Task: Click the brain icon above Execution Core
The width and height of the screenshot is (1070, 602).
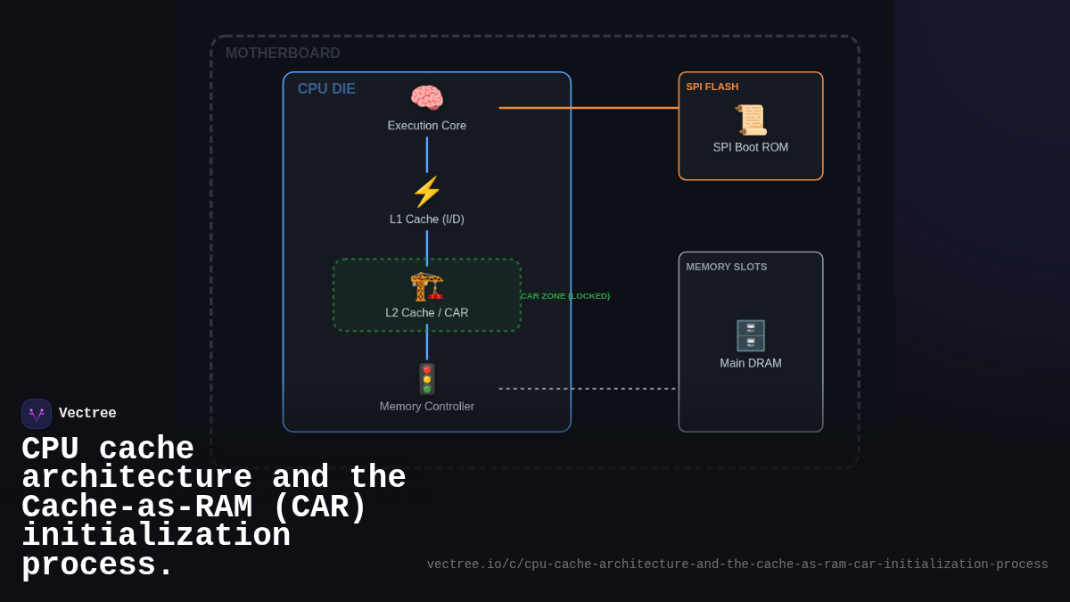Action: pyautogui.click(x=426, y=98)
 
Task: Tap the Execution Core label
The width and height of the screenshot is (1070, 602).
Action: pyautogui.click(x=426, y=126)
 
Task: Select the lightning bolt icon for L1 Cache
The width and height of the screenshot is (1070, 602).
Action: pyautogui.click(x=426, y=192)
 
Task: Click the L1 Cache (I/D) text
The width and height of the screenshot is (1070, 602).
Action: pyautogui.click(x=426, y=219)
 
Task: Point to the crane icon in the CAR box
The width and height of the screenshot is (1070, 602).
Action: pyautogui.click(x=426, y=285)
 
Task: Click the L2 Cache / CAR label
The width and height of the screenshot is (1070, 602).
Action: pyautogui.click(x=426, y=313)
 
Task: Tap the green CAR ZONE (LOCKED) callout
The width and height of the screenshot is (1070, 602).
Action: pyautogui.click(x=565, y=296)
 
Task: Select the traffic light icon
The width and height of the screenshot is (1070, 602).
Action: pyautogui.click(x=426, y=379)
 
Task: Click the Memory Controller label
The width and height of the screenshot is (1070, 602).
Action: pyautogui.click(x=426, y=407)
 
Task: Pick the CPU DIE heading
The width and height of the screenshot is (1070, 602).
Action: pyautogui.click(x=326, y=89)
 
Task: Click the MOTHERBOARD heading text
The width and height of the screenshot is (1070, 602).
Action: pyautogui.click(x=283, y=54)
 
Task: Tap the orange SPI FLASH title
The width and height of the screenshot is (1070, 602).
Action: pyautogui.click(x=712, y=87)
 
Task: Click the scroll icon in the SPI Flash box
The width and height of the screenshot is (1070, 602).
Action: pyautogui.click(x=750, y=120)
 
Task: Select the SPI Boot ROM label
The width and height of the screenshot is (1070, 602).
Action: pyautogui.click(x=750, y=147)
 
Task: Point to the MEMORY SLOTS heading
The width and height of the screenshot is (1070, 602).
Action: pyautogui.click(x=726, y=267)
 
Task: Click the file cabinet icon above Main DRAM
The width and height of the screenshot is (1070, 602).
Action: pyautogui.click(x=750, y=335)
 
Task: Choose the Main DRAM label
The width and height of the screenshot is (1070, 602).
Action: pyautogui.click(x=750, y=364)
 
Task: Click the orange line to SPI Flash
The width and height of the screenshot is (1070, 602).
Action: pyautogui.click(x=588, y=108)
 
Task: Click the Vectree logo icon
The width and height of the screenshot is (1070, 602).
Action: pyautogui.click(x=37, y=414)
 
